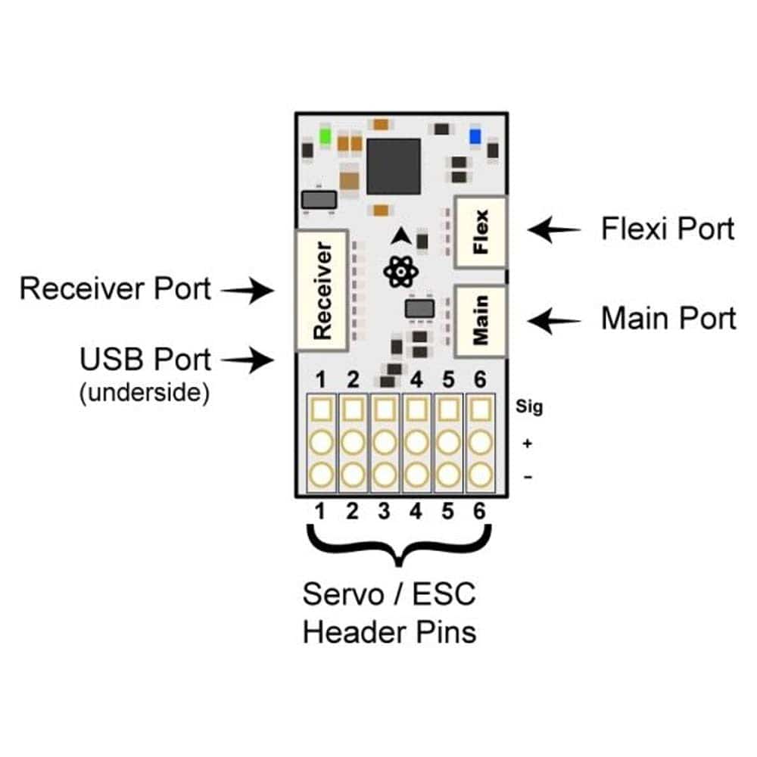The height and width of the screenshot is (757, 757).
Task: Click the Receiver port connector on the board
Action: [322, 290]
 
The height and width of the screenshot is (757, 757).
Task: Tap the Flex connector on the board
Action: [481, 232]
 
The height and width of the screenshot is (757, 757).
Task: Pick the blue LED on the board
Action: [475, 136]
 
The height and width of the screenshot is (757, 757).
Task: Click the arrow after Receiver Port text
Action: [250, 290]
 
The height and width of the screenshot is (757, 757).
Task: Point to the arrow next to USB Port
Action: [250, 360]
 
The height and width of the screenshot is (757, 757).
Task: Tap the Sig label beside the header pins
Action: [530, 408]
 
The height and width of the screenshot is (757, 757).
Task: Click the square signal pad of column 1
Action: [321, 410]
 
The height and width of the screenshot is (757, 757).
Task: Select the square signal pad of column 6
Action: [478, 410]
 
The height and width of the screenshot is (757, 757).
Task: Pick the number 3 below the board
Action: [384, 512]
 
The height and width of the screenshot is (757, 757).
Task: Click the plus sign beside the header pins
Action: [527, 443]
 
